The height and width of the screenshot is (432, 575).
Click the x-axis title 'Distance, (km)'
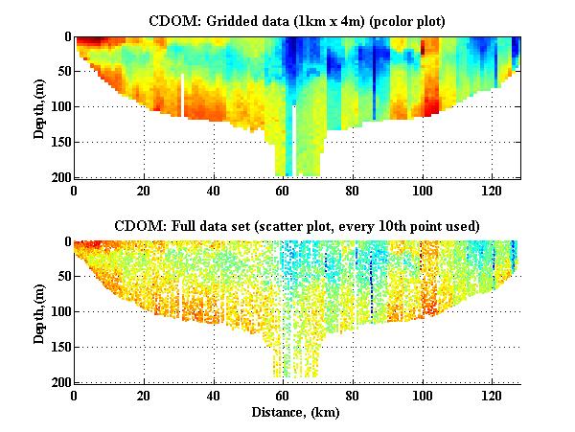pyautogui.click(x=297, y=411)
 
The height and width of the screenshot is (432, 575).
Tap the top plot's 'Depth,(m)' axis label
pyautogui.click(x=39, y=107)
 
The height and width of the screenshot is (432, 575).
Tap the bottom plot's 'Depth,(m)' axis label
pyautogui.click(x=39, y=312)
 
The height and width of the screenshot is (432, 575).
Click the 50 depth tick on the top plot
pyautogui.click(x=62, y=72)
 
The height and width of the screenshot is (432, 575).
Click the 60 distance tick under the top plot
pyautogui.click(x=283, y=190)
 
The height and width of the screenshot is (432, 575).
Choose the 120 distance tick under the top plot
pyautogui.click(x=492, y=190)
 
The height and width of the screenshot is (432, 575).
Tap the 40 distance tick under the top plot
pyautogui.click(x=213, y=190)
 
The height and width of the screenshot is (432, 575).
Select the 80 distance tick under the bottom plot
pyautogui.click(x=352, y=395)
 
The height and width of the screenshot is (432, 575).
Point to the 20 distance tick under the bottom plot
pyautogui.click(x=144, y=395)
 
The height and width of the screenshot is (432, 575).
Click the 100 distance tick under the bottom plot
pyautogui.click(x=422, y=395)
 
